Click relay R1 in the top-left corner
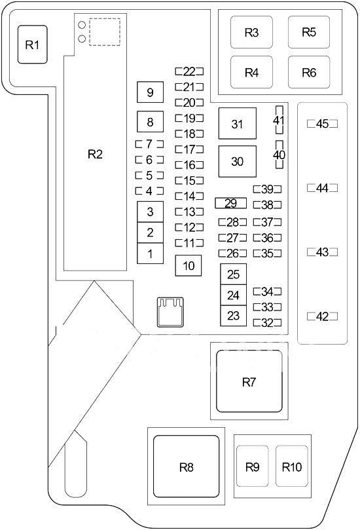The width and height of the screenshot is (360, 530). tap(33, 45)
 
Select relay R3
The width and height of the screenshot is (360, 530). tap(251, 32)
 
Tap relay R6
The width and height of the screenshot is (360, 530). tap(309, 72)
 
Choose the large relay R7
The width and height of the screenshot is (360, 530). tap(249, 381)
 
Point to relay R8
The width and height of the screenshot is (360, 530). tap(187, 466)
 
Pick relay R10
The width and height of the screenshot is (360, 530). tap(292, 466)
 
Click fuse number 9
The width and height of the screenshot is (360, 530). tap(151, 92)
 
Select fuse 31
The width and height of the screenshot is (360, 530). tap(238, 123)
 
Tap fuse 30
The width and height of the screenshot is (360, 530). tap(238, 161)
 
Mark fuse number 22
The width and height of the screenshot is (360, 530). tap(189, 71)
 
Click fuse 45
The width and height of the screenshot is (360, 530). tap(322, 124)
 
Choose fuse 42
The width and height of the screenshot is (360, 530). tap(322, 316)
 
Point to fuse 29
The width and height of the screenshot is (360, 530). tap(231, 203)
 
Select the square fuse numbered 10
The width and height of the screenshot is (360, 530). tap(189, 265)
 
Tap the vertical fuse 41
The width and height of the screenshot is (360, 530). tap(279, 121)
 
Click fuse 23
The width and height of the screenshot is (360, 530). tap(234, 316)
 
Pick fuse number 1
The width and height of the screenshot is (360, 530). tap(151, 254)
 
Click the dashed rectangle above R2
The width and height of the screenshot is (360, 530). tap(105, 31)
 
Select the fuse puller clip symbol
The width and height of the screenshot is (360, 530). tap(171, 312)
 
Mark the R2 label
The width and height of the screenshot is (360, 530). tap(95, 154)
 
